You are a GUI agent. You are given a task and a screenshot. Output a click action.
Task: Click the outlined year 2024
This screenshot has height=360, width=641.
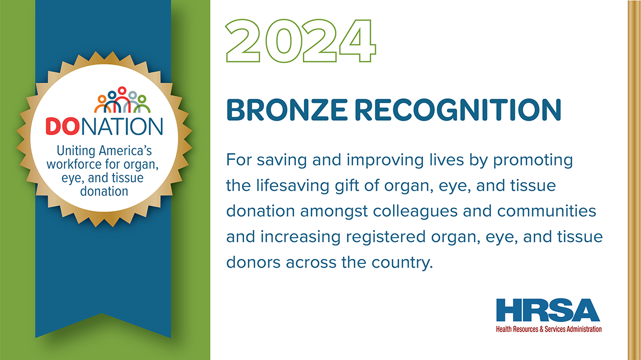301,41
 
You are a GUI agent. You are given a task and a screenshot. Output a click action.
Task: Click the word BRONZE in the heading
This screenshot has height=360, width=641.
287,110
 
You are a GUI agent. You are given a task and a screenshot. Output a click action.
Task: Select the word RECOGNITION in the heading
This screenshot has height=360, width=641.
458,110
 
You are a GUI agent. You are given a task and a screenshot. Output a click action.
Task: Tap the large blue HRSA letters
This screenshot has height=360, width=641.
548,310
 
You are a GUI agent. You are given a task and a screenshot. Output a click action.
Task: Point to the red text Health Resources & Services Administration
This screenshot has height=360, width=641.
549,329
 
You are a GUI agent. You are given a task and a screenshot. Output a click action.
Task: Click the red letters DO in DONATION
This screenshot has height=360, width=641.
62,126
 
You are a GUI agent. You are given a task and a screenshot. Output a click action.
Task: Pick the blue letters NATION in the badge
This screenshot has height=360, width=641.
122,126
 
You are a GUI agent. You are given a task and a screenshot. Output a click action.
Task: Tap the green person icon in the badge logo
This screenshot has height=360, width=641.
142,104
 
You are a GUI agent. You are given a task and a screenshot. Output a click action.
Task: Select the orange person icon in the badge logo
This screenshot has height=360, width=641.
102,104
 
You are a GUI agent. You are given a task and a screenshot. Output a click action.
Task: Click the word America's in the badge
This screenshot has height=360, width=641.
125,151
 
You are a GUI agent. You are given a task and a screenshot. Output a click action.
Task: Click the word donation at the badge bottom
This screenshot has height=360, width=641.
104,191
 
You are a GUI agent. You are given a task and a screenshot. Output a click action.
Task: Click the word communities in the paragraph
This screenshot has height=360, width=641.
546,211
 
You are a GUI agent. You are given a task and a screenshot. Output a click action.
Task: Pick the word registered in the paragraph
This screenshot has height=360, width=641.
386,237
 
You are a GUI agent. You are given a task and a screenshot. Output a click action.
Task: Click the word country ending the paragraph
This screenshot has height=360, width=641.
402,263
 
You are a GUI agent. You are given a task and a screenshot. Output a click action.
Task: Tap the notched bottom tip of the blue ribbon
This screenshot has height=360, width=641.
102,314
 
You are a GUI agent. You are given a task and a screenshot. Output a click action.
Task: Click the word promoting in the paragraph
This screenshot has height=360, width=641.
533,160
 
